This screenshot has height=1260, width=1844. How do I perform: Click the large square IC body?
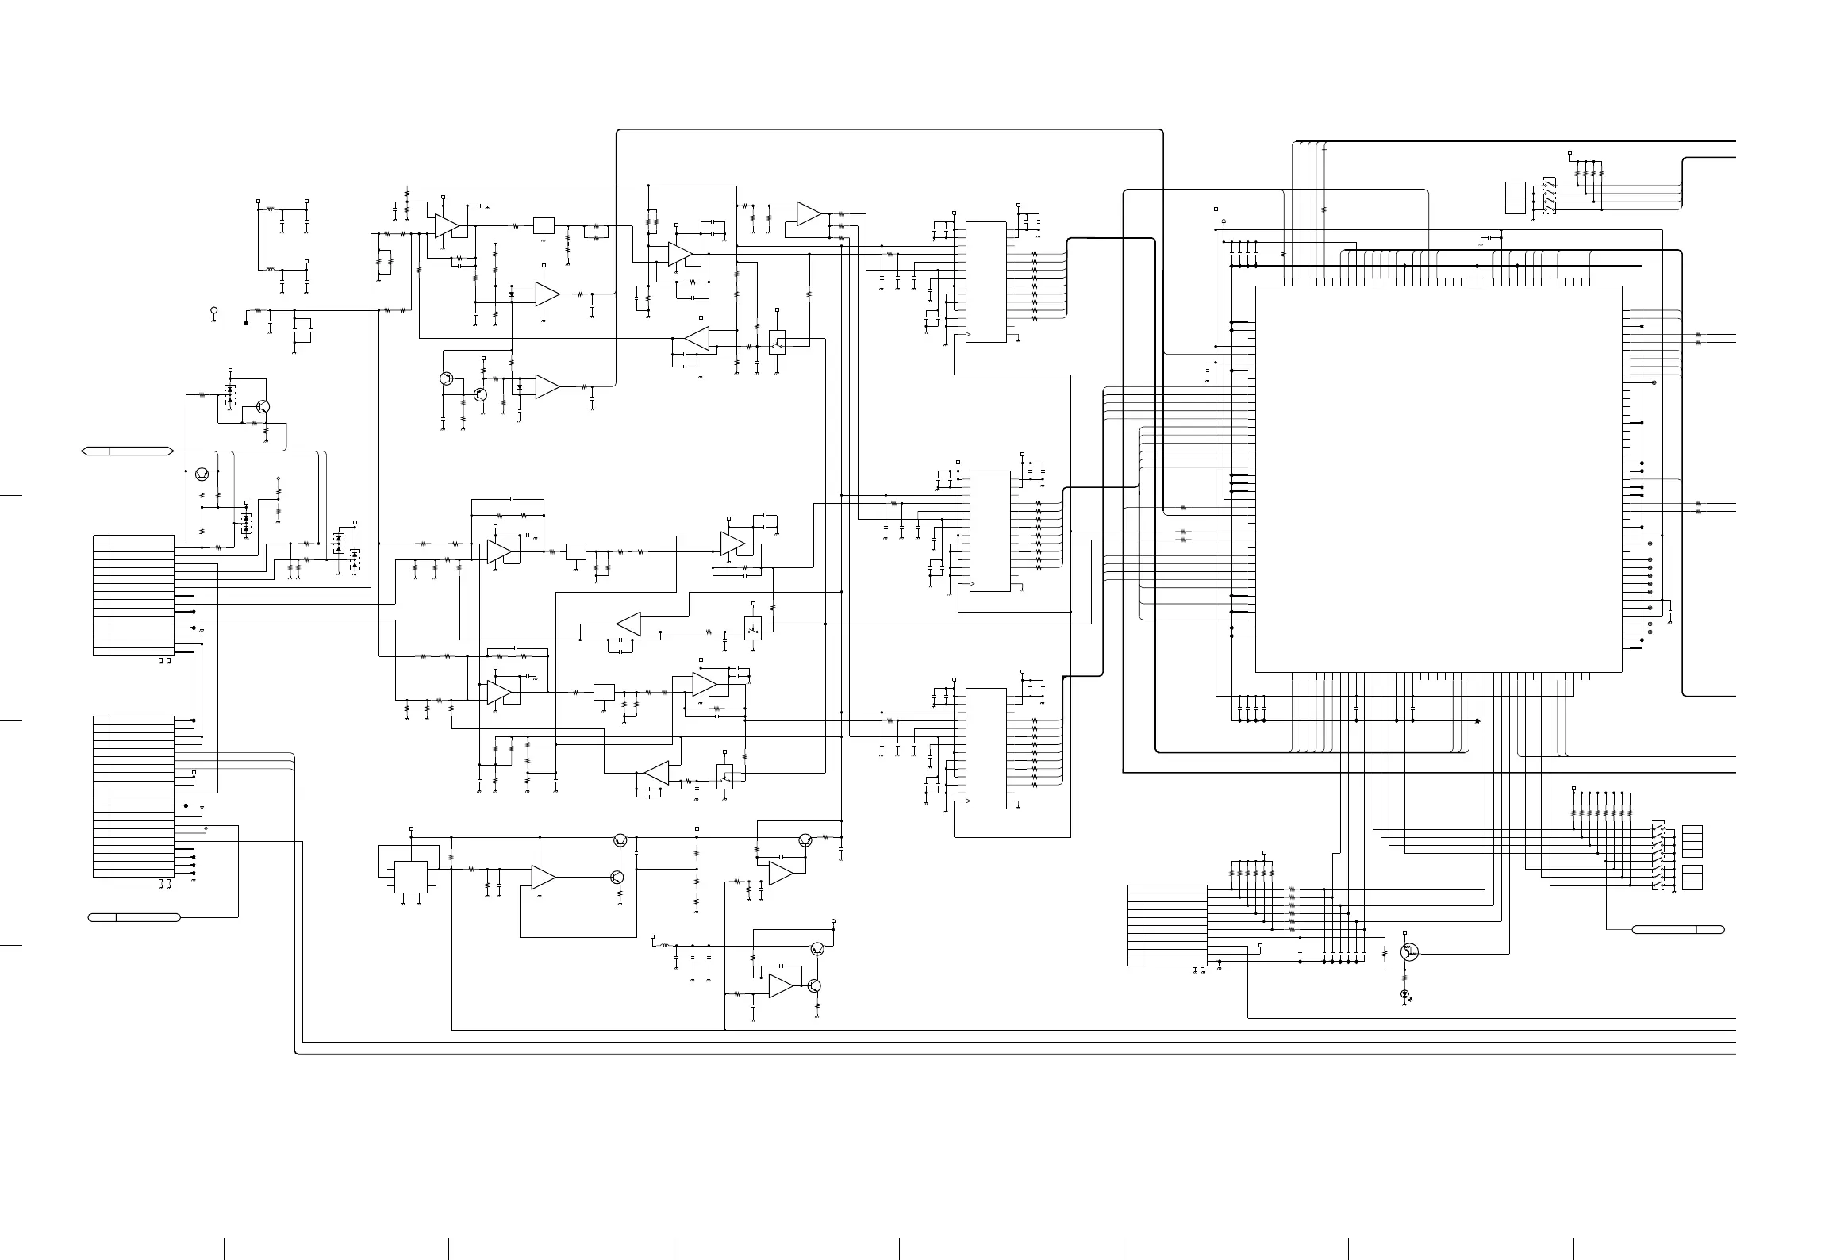click(x=1438, y=478)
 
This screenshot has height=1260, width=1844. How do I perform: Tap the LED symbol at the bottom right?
click(x=1404, y=993)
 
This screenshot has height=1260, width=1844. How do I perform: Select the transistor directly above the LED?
click(x=1408, y=951)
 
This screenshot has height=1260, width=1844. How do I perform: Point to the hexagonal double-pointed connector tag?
click(x=127, y=451)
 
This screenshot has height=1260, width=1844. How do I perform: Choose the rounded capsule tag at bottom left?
click(x=134, y=917)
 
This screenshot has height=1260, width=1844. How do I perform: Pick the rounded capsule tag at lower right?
click(x=1677, y=929)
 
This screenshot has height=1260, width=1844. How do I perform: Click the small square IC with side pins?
click(x=410, y=877)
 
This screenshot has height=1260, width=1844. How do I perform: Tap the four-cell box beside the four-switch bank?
click(x=1515, y=198)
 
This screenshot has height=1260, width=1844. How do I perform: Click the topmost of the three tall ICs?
click(x=985, y=282)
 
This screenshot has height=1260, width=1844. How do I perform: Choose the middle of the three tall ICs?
click(x=989, y=530)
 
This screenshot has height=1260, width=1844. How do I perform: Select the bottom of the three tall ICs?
click(x=985, y=748)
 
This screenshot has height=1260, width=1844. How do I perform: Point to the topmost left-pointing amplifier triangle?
click(x=698, y=339)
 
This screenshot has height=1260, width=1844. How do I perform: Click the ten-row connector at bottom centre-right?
click(x=1166, y=925)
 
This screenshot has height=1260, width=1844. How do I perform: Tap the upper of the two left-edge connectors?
click(x=133, y=595)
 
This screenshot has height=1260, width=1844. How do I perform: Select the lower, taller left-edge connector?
click(x=133, y=796)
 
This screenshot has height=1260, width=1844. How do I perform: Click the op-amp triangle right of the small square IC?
click(x=543, y=877)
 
